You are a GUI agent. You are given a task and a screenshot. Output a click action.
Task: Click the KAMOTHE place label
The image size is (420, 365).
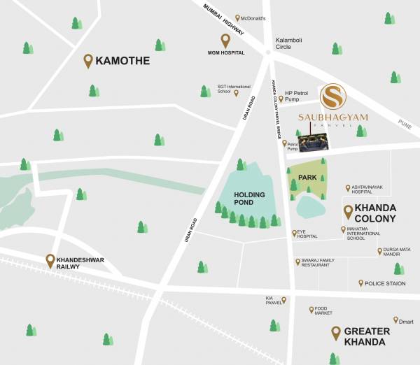coord(122,61)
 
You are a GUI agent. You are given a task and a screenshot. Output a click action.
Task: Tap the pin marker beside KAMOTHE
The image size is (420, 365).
coord(88,61)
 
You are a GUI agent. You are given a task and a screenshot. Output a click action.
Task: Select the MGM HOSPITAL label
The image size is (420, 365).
coord(225,52)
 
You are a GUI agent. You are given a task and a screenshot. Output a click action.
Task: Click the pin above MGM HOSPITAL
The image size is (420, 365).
coord(225,40)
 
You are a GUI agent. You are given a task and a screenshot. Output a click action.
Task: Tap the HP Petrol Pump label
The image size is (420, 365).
coord(297,96)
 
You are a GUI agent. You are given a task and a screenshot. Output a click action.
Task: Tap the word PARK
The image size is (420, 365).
coord(308,178)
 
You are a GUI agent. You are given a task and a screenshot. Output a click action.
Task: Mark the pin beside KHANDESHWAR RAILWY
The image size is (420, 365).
coord(50,261)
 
